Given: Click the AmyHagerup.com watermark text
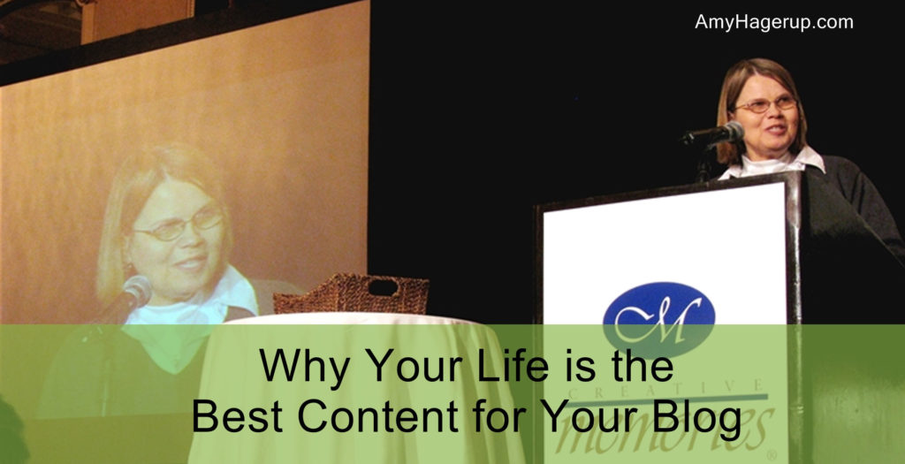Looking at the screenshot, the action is pyautogui.click(x=774, y=22).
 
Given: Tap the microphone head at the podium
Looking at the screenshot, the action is pyautogui.click(x=731, y=132).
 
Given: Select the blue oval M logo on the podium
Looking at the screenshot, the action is pyautogui.click(x=658, y=320).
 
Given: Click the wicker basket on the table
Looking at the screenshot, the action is pyautogui.click(x=351, y=293).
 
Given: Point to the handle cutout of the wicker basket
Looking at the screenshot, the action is pyautogui.click(x=383, y=287).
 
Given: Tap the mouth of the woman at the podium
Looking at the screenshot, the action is pyautogui.click(x=774, y=129).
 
